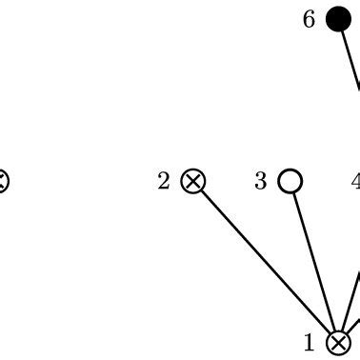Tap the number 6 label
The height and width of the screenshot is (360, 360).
click(309, 19)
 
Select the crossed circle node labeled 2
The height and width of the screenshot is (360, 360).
click(194, 180)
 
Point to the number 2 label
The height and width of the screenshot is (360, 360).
click(164, 181)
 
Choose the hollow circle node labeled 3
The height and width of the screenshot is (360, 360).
click(290, 180)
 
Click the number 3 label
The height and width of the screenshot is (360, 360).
click(261, 181)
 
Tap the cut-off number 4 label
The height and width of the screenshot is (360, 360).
click(355, 181)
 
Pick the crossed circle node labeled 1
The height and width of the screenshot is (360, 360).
click(338, 343)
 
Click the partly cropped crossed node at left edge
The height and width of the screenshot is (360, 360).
click(3, 180)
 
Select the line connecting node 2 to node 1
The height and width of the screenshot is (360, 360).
click(267, 262)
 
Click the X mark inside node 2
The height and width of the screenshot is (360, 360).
click(194, 180)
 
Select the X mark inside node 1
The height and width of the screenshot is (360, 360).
click(338, 343)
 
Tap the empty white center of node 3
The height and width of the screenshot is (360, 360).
click(290, 180)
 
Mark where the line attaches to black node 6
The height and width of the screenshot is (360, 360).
click(341, 30)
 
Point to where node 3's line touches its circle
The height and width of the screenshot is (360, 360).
click(293, 191)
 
